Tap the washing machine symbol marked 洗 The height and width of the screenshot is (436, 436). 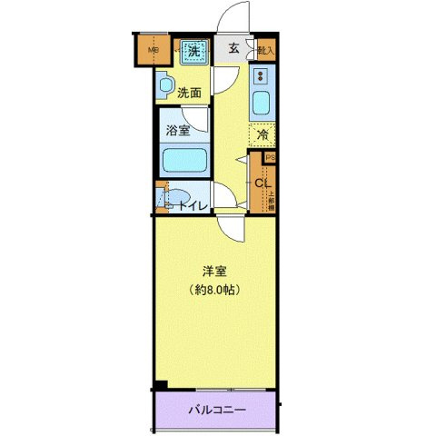click(192, 52)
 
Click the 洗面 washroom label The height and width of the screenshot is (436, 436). click(189, 92)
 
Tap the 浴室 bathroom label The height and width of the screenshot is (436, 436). click(178, 131)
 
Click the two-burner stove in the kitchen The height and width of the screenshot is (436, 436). click(261, 77)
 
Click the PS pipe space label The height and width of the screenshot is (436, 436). click(269, 157)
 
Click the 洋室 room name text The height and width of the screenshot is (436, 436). click(214, 270)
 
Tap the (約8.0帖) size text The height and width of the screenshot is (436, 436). click(214, 290)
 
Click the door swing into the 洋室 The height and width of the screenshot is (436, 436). click(229, 229)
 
